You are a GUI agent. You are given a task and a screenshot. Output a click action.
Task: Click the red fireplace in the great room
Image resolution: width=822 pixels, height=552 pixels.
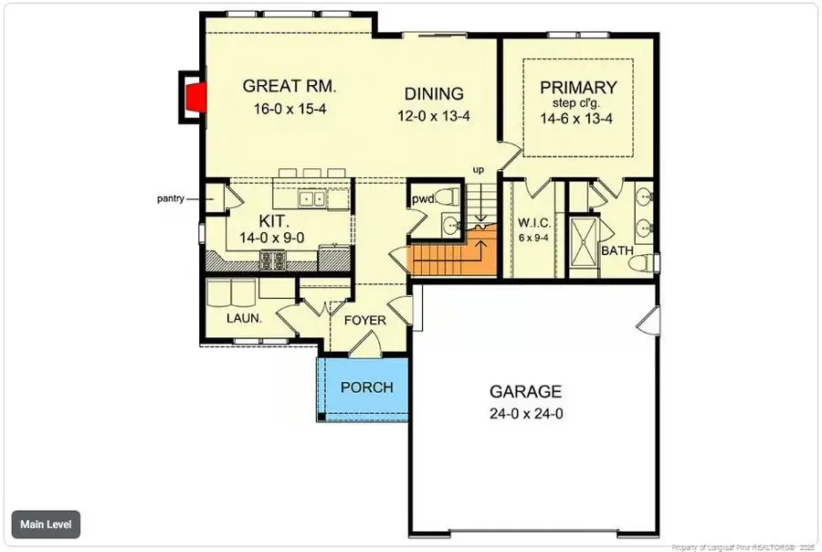click(x=195, y=96)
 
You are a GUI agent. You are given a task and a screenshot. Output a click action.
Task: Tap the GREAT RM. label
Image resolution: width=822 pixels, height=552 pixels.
click(x=290, y=87)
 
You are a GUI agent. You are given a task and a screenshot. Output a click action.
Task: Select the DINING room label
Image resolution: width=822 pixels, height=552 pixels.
click(x=435, y=93)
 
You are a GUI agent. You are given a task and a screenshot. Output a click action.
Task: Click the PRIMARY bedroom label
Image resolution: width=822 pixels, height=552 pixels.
click(x=578, y=88)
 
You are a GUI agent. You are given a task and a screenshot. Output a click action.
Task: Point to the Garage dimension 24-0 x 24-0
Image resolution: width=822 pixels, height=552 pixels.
click(x=525, y=412)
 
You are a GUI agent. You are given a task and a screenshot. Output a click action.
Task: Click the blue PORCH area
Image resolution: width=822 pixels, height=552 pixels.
click(x=366, y=387)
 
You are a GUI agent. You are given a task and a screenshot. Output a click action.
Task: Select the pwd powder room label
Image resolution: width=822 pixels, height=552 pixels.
click(x=421, y=198)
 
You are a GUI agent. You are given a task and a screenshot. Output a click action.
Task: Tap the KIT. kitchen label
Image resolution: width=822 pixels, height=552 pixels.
click(x=274, y=221)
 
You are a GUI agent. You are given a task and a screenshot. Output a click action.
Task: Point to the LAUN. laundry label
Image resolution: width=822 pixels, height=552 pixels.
click(x=244, y=318)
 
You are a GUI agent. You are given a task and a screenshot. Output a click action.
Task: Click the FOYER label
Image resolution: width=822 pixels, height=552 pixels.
click(x=364, y=321)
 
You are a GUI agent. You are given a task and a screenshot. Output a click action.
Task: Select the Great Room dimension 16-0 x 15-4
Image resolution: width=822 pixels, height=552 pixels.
click(x=290, y=109)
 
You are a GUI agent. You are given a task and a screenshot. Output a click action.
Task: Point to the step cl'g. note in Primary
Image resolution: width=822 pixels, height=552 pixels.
click(x=578, y=103)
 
